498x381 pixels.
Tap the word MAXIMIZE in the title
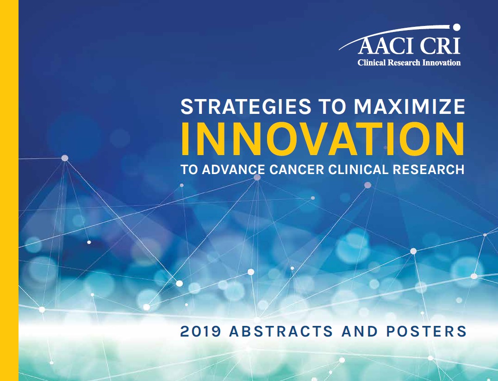click(x=410, y=106)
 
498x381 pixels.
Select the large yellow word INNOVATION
click(x=323, y=139)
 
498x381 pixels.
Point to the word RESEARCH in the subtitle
click(x=429, y=169)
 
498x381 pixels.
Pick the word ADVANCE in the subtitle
click(x=234, y=169)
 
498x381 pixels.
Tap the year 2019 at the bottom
click(x=200, y=331)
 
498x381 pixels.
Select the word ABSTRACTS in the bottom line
click(x=281, y=331)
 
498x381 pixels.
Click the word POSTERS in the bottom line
click(x=426, y=331)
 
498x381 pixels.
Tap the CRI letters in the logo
click(x=441, y=46)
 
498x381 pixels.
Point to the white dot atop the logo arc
click(x=457, y=28)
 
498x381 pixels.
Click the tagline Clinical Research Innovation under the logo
click(x=409, y=62)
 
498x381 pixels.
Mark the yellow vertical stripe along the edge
click(x=9, y=191)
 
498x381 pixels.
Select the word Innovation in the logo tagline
click(x=442, y=62)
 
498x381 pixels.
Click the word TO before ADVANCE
click(x=190, y=169)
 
